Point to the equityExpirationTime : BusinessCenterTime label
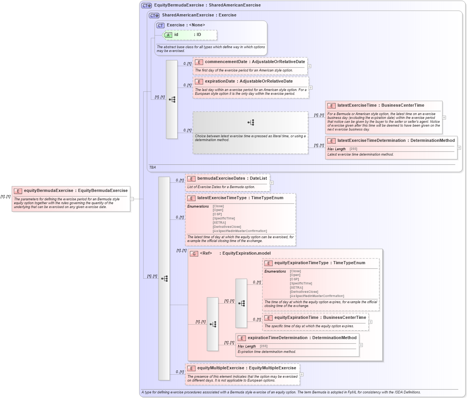(320, 318)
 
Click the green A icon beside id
(168, 35)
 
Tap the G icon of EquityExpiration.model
(194, 253)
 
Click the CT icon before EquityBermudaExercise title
(147, 6)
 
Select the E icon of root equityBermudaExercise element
(18, 191)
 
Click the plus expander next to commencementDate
(309, 66)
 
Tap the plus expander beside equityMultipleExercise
(302, 374)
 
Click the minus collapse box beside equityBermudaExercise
(132, 199)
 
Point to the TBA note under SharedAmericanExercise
(152, 167)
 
